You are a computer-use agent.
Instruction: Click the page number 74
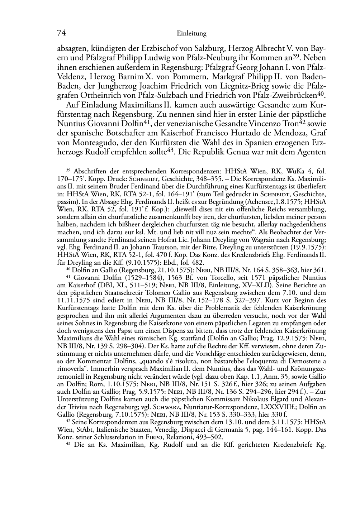tap(62, 33)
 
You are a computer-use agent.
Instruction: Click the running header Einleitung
tap(192, 34)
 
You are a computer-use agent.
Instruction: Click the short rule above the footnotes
tap(71, 166)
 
